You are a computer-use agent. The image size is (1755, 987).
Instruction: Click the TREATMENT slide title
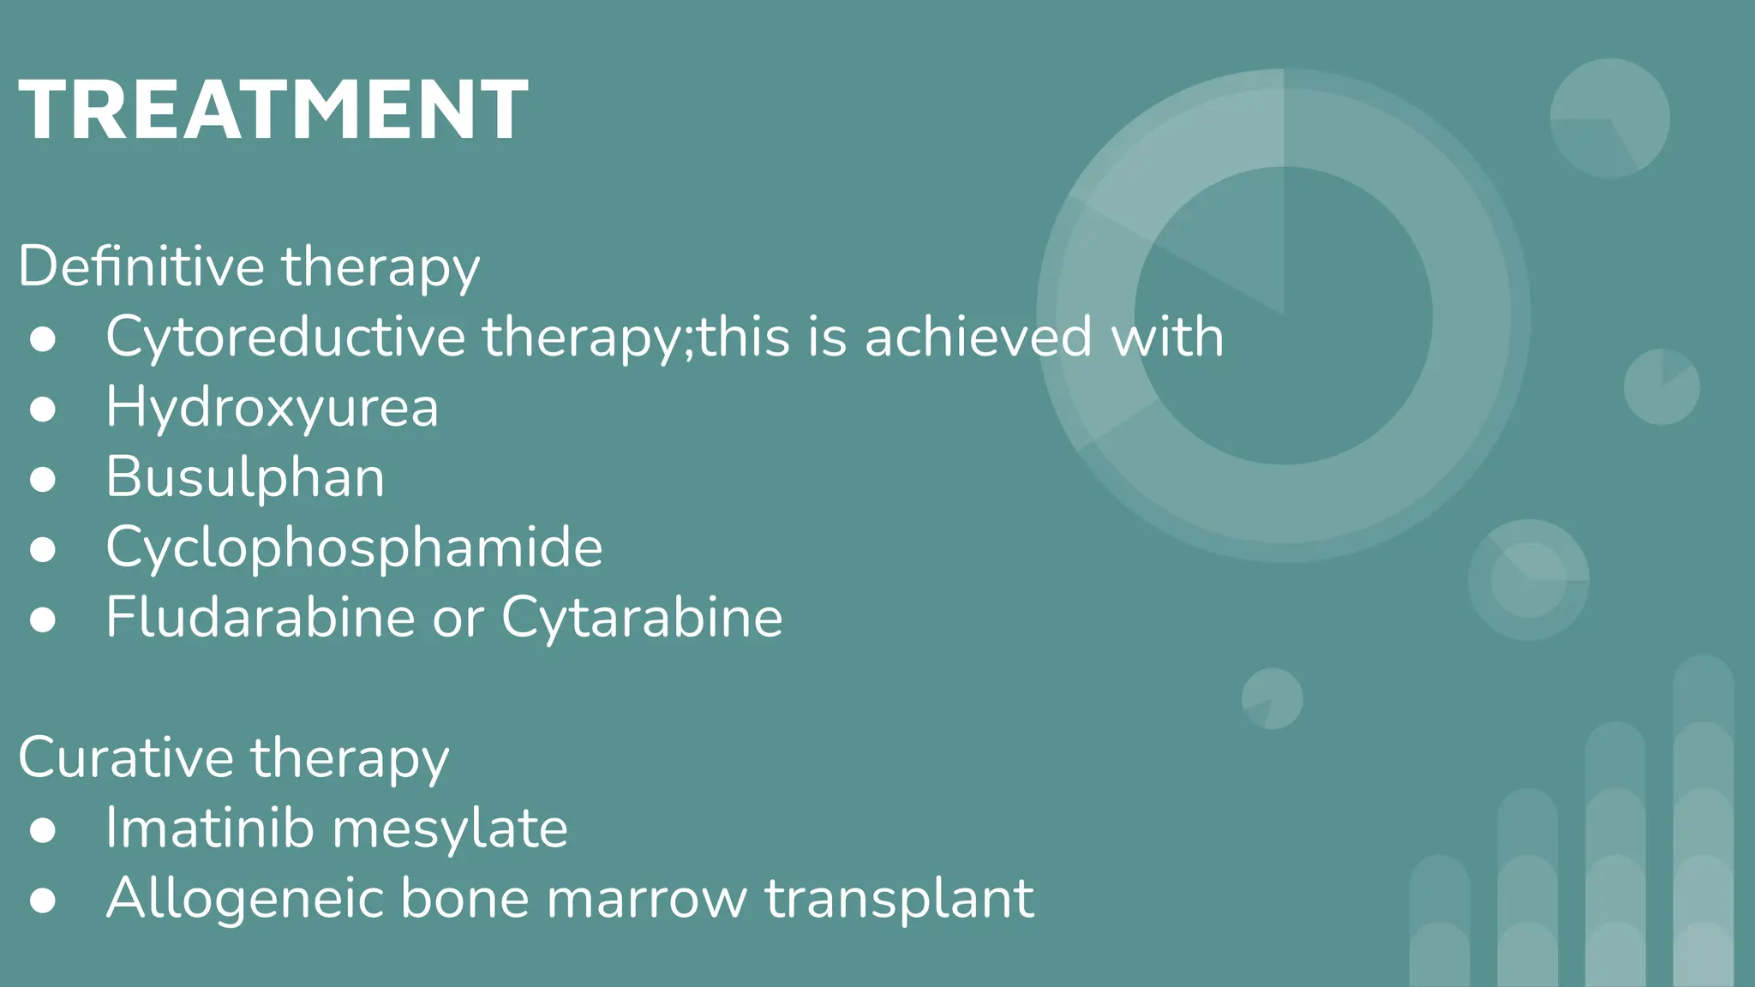click(273, 110)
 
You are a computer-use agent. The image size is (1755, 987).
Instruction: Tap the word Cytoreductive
click(285, 336)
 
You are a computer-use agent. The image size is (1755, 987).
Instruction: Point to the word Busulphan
click(245, 476)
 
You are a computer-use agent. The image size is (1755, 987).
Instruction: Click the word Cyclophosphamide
click(354, 547)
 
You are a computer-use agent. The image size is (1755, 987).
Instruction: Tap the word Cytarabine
click(642, 617)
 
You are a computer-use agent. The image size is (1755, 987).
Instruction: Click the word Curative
click(125, 757)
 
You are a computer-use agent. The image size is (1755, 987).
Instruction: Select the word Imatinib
click(209, 828)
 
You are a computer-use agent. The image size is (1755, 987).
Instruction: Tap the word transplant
click(899, 898)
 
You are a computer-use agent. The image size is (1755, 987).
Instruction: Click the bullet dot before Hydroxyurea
click(43, 409)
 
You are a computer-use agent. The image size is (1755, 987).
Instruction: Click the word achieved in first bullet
click(978, 336)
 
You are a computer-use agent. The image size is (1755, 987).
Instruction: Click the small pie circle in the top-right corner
click(1609, 118)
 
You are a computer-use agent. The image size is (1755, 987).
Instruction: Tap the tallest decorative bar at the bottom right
click(1703, 822)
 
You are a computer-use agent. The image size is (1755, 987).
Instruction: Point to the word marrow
click(646, 898)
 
